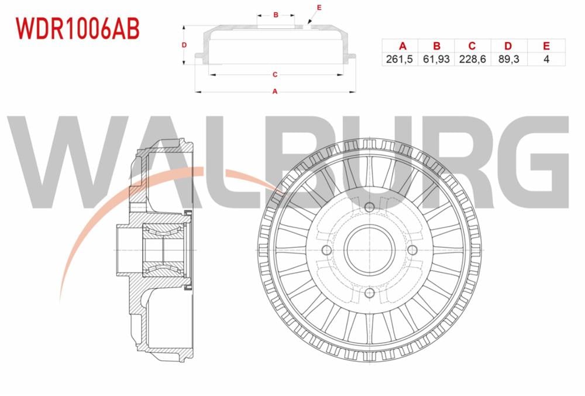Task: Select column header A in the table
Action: tap(402, 46)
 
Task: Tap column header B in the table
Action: tap(436, 46)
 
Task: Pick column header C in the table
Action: tap(472, 46)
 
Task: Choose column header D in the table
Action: tap(508, 46)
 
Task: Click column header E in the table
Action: tap(546, 46)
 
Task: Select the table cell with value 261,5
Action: tap(400, 59)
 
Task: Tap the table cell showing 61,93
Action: tap(436, 59)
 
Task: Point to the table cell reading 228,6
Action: tap(472, 59)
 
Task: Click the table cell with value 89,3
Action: tap(508, 59)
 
